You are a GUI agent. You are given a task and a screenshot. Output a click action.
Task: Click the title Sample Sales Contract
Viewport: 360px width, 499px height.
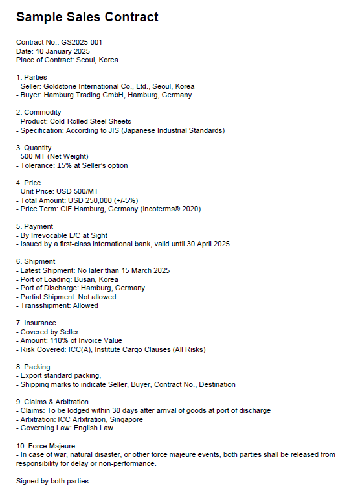[87, 17]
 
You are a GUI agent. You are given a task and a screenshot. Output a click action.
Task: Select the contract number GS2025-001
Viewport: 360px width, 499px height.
[82, 42]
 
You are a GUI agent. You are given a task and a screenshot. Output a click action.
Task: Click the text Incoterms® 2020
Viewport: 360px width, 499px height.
[174, 209]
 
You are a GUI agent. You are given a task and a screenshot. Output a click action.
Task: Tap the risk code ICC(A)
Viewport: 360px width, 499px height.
[82, 349]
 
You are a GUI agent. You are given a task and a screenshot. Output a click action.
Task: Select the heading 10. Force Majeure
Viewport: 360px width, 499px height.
[46, 446]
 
